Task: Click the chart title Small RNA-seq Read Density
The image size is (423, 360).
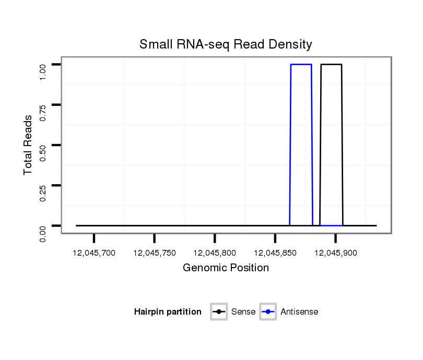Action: tap(226, 44)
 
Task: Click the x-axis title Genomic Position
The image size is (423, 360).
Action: tap(226, 268)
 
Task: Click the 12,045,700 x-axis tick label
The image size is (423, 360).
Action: tap(94, 253)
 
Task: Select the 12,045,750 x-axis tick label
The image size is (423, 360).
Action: tap(155, 253)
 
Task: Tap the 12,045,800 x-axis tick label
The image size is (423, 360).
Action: tap(215, 253)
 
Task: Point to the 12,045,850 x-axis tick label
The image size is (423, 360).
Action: tap(275, 253)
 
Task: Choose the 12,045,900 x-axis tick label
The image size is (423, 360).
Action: tap(335, 253)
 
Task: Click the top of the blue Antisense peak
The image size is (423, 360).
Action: tap(301, 65)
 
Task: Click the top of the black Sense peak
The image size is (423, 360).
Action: tap(331, 65)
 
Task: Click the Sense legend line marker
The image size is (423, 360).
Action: tap(218, 312)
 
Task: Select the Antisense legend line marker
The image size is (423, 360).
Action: tap(267, 312)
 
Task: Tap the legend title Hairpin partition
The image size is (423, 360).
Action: tap(168, 312)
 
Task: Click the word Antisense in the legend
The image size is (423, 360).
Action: tap(299, 312)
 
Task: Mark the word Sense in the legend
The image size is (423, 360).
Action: tap(243, 312)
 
